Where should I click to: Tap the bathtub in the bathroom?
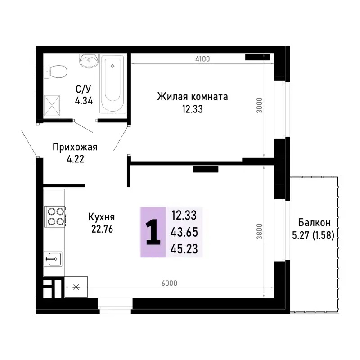coord(112,85)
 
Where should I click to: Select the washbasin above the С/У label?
coord(89,60)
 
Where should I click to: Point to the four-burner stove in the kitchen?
coord(55,216)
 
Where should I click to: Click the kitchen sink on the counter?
coord(53,258)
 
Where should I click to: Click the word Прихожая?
coord(75,147)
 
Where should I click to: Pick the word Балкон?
coord(315,222)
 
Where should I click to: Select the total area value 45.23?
coord(184,249)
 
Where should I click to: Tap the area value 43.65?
coord(184,232)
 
